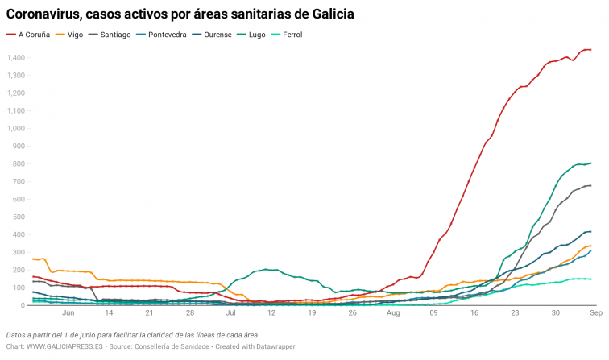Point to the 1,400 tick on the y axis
click(x=16, y=58)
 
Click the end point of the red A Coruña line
click(x=590, y=50)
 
